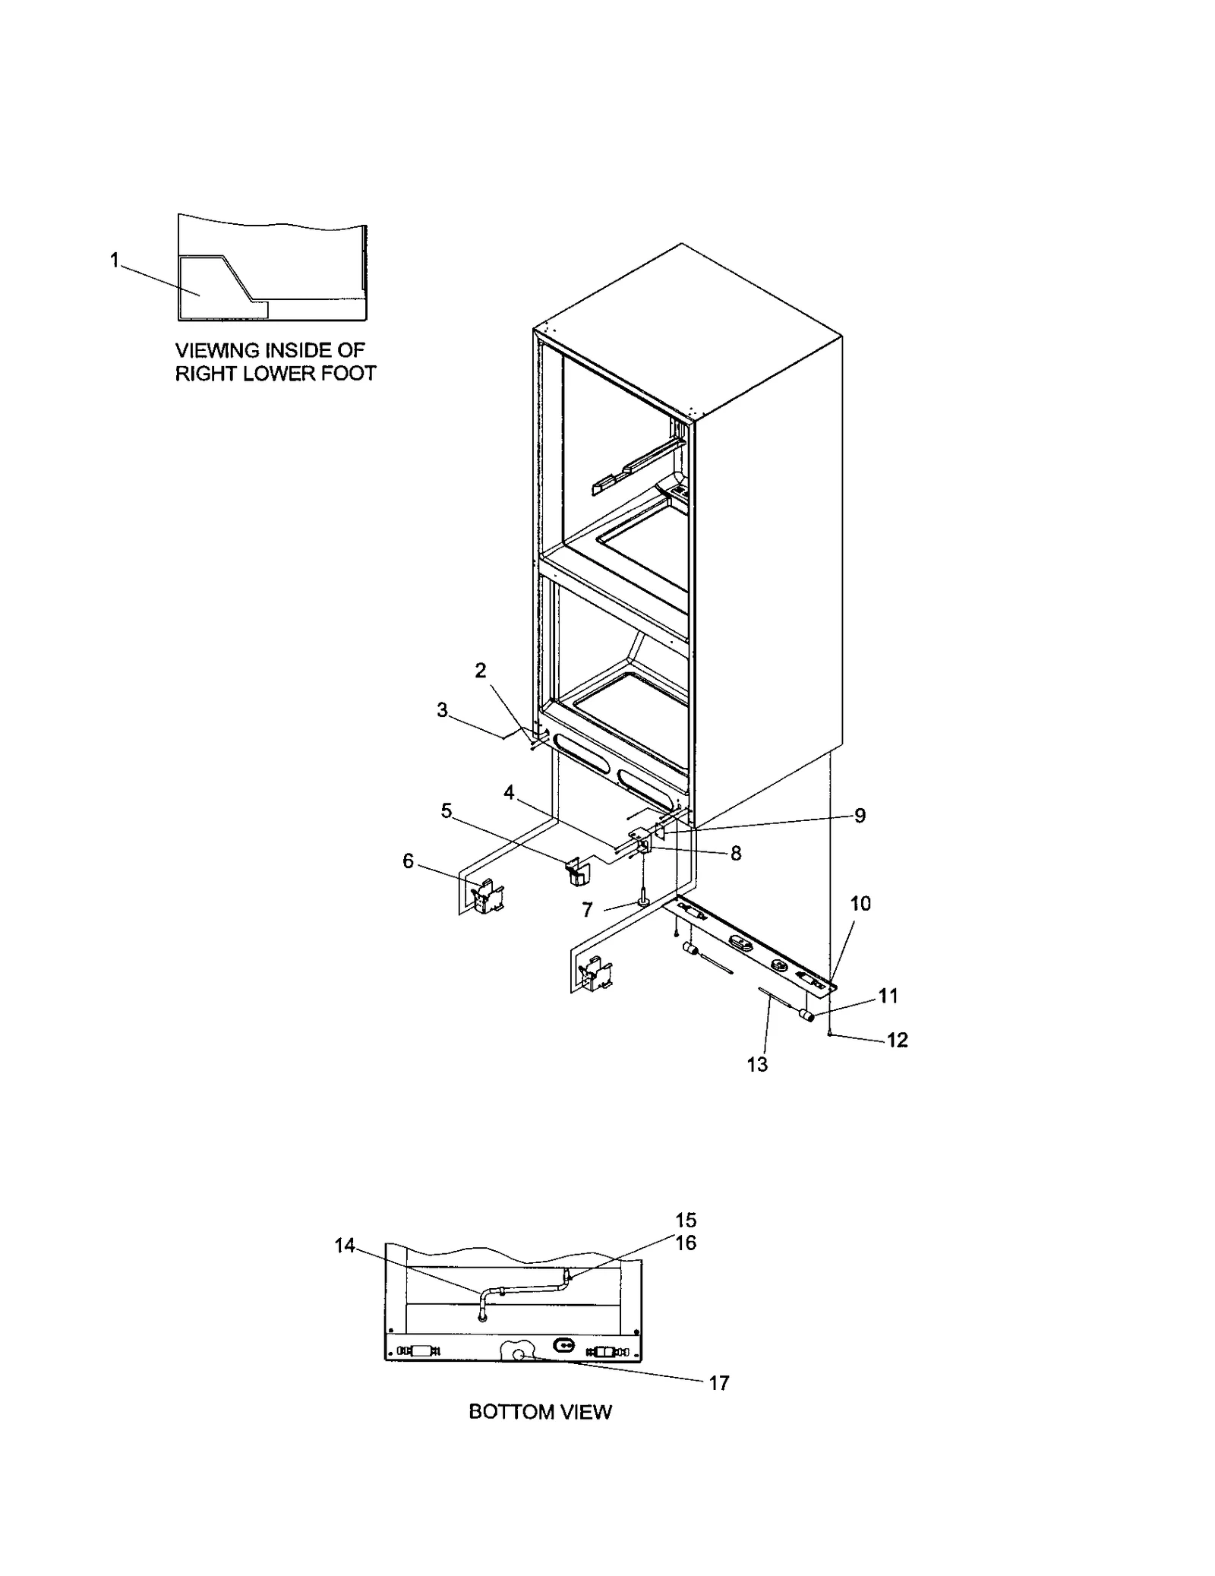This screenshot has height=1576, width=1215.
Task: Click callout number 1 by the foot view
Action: (x=114, y=261)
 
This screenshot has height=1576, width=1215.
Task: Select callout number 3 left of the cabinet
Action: (x=442, y=710)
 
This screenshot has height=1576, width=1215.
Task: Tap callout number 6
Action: (x=409, y=861)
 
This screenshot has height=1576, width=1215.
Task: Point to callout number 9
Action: (x=860, y=815)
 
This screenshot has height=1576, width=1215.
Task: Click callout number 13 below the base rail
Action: (x=757, y=1065)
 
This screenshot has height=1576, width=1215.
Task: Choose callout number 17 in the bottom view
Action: (x=718, y=1383)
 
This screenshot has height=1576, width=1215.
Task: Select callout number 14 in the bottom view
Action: (x=345, y=1246)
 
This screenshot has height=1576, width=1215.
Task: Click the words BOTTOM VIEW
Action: (x=540, y=1411)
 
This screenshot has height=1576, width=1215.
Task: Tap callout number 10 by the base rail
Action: (x=860, y=903)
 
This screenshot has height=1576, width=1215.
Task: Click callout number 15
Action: (x=686, y=1220)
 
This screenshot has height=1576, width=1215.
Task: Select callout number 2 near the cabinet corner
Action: (x=481, y=670)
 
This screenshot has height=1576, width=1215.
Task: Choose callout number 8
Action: (x=735, y=853)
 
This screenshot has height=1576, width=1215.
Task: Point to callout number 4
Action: (x=509, y=793)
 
